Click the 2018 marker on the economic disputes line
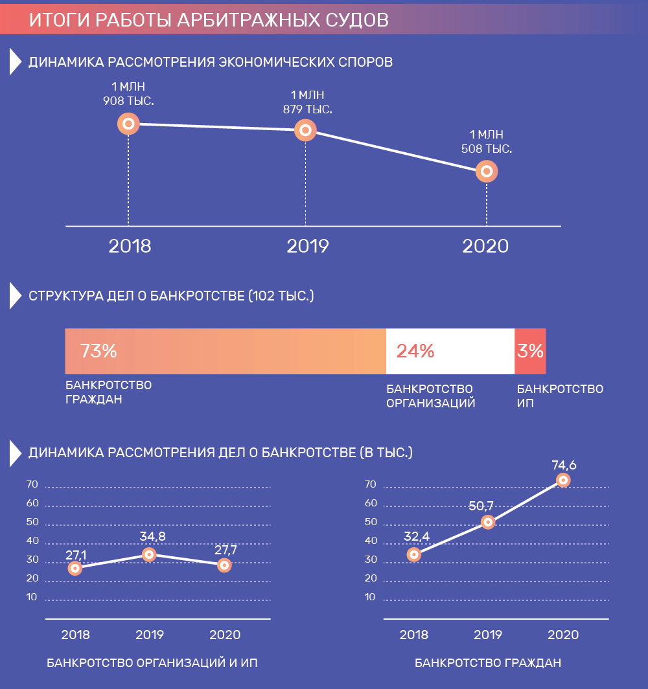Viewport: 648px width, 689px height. tap(128, 123)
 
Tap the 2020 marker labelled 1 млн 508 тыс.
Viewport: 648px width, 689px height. tap(486, 172)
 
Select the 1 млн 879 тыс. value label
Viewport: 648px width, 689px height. tap(308, 102)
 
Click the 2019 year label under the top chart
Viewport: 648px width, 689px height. tap(308, 246)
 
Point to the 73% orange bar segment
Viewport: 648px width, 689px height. tap(225, 351)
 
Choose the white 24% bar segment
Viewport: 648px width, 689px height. tap(450, 351)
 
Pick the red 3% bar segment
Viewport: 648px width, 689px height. tap(530, 351)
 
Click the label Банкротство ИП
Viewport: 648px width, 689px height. tap(560, 396)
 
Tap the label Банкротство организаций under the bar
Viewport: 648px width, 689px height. tap(431, 396)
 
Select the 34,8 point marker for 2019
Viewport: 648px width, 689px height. tap(149, 554)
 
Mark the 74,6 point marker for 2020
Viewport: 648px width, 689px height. tap(563, 480)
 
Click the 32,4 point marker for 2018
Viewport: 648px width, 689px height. tap(414, 554)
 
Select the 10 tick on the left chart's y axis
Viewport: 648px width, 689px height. tap(32, 596)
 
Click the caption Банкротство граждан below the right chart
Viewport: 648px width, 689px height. tap(488, 663)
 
